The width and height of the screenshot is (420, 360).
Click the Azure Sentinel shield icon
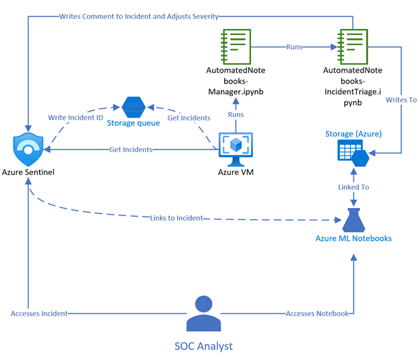[x=28, y=149]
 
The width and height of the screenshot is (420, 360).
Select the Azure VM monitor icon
[x=236, y=149]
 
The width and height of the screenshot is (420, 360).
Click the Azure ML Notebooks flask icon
[x=355, y=219]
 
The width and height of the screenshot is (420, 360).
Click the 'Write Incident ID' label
[x=76, y=117]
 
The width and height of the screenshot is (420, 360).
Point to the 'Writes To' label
[x=401, y=100]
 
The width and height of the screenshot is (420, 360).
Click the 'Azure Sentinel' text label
[x=28, y=173]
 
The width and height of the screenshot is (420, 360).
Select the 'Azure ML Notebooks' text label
[x=355, y=239]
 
